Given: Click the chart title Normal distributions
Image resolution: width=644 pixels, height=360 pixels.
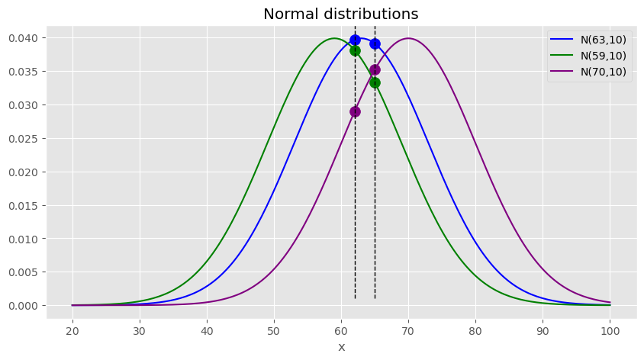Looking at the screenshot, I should [x=341, y=14].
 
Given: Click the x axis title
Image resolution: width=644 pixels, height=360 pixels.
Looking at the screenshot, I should [x=341, y=347].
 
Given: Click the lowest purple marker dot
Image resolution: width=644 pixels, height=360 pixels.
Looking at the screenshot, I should [x=355, y=111].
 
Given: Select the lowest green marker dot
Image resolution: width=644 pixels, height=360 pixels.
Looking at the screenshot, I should [x=375, y=82].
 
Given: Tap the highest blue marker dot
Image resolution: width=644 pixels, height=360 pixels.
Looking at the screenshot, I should [x=355, y=40].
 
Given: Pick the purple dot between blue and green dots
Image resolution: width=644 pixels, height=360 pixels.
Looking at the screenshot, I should [x=375, y=69].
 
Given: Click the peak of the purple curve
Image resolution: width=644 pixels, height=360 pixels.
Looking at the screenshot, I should [x=408, y=38].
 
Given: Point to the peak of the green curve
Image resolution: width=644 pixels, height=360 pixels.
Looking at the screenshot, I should [x=334, y=38].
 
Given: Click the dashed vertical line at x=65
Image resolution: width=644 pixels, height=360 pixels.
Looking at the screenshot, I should [x=375, y=191].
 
